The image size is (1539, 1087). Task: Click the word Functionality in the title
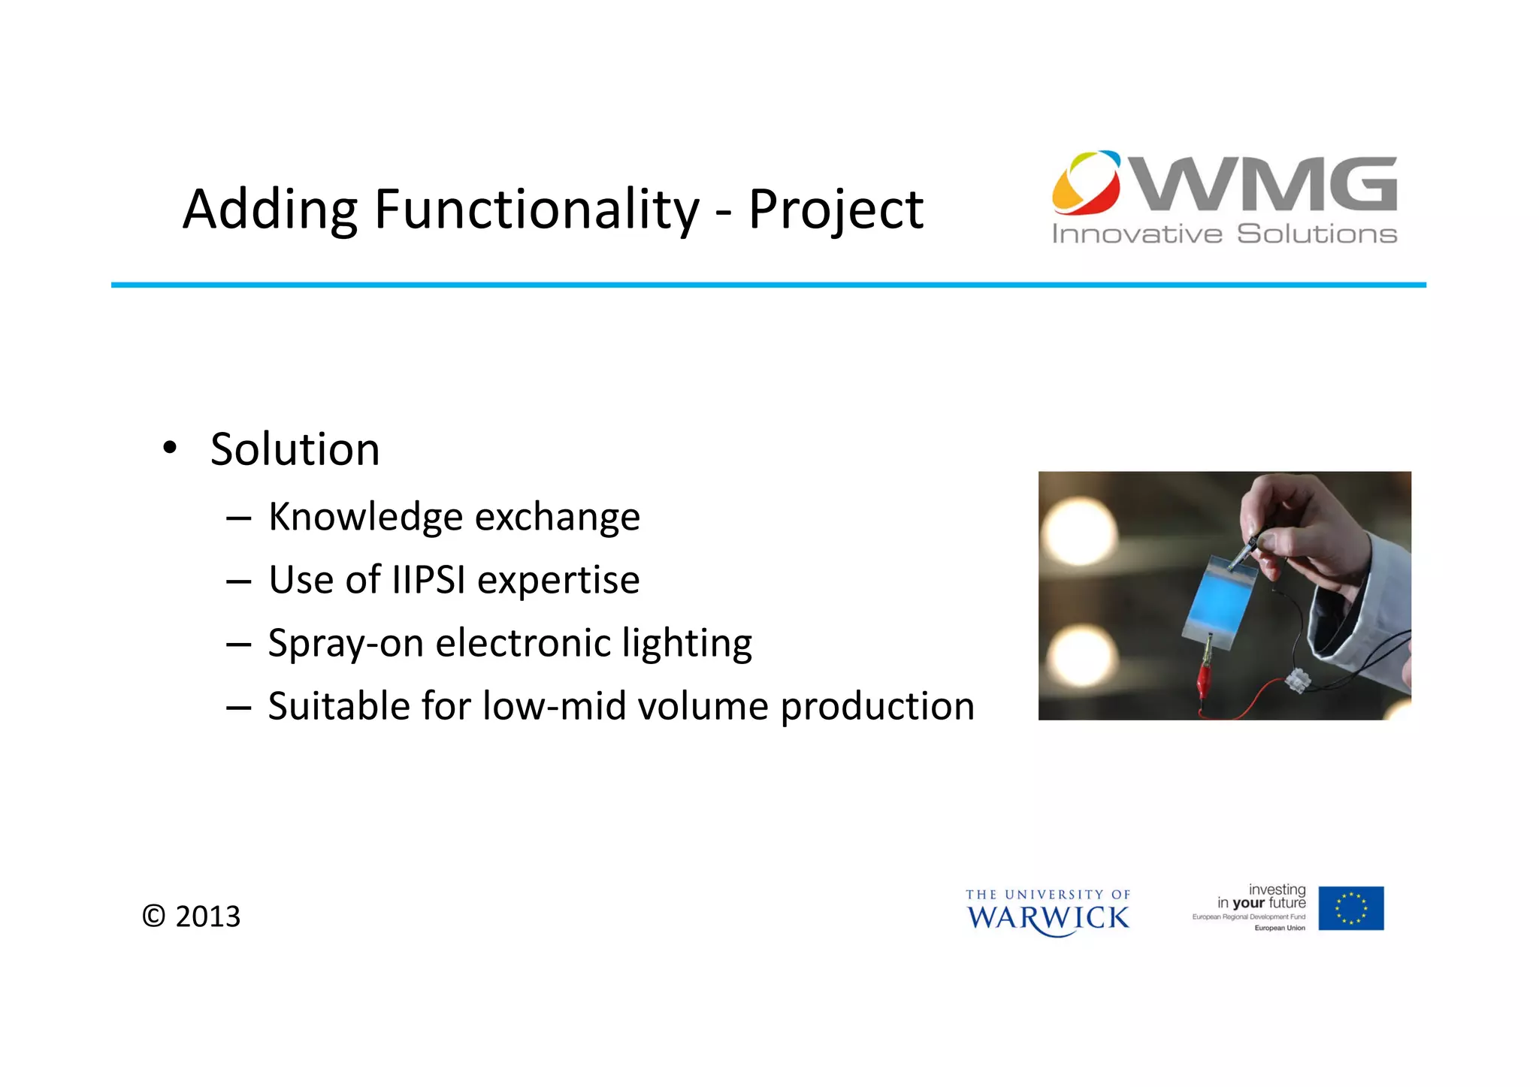pos(537,210)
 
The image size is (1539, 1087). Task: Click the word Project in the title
pos(835,210)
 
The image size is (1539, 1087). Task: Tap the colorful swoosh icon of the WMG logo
pos(1086,182)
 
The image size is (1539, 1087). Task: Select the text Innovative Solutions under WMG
pos(1224,234)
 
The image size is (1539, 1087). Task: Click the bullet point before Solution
pos(170,448)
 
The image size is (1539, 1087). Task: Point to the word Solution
pos(295,450)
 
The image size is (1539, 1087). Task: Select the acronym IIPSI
pos(428,580)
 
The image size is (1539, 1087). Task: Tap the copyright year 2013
pos(207,916)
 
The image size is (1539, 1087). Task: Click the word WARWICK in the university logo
pos(1048,918)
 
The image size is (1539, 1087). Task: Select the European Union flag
pos(1350,908)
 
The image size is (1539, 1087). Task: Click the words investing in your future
pos(1262,896)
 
